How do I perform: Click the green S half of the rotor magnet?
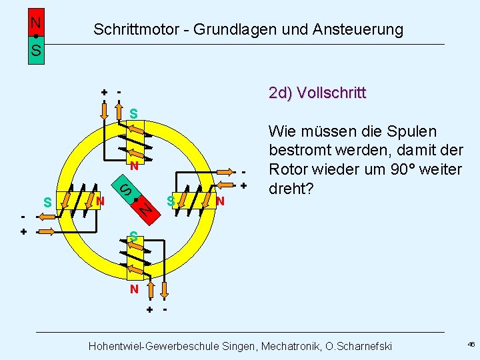coord(126,188)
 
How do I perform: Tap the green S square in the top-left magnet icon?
coord(35,50)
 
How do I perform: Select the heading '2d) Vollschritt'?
coord(317,93)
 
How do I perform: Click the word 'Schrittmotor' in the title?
coord(135,29)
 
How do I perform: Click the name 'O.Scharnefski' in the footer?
coord(358,346)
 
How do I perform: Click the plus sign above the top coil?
coord(104,92)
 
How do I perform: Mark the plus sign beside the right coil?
coord(244,185)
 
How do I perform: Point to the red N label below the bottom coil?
coord(134,289)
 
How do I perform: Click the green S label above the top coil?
coord(133,114)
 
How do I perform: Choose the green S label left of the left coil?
coord(47,202)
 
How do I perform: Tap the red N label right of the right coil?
coord(220,201)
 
